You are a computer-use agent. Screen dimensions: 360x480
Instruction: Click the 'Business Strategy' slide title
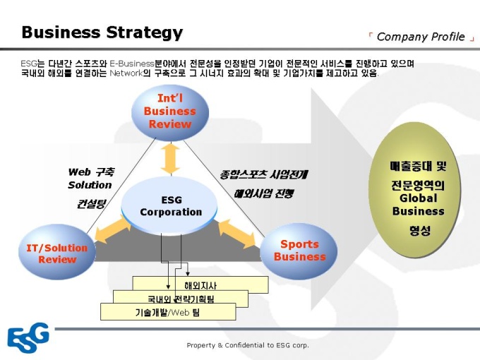pos(102,32)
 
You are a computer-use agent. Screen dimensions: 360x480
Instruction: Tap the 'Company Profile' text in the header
pos(421,37)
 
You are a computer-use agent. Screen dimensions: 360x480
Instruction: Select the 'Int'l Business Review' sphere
pos(170,112)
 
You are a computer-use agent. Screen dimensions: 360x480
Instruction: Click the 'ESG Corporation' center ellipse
pos(171,206)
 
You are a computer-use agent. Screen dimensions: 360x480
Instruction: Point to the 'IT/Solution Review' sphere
pos(57,253)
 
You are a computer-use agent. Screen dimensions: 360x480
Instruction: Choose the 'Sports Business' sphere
pos(299,251)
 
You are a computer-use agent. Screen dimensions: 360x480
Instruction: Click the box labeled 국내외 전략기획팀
pos(181,299)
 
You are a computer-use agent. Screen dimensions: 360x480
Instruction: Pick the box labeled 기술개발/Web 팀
pos(167,312)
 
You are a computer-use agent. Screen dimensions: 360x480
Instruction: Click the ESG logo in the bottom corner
pos(28,337)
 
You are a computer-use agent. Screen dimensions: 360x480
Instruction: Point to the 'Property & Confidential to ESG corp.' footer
pos(248,345)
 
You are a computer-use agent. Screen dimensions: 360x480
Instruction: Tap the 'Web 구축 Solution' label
pos(90,178)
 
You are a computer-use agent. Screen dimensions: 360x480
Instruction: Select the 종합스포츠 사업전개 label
pos(263,174)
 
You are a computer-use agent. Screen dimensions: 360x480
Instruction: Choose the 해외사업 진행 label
pos(263,192)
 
